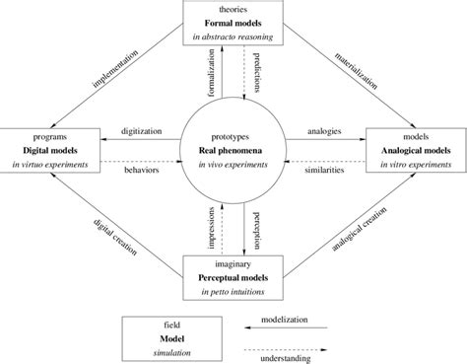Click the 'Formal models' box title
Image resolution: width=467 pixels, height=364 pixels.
(x=233, y=23)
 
